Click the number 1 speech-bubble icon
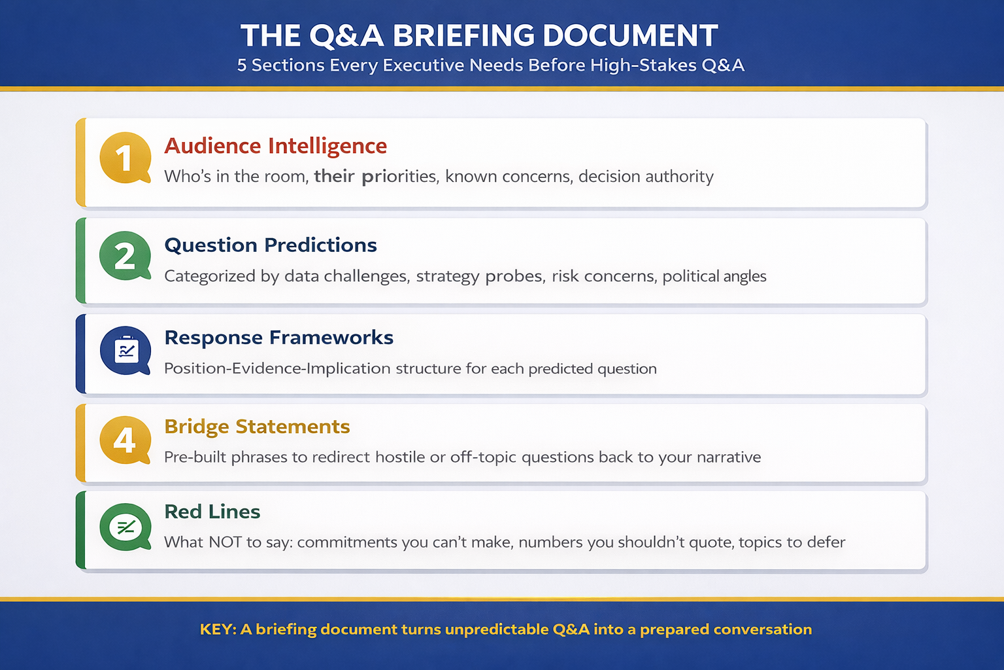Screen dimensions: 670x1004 tap(125, 158)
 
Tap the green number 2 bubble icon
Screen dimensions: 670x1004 tap(125, 256)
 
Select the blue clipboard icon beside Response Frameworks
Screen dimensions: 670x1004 tap(125, 351)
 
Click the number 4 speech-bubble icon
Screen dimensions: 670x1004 tap(125, 440)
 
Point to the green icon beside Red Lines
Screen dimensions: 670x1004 tap(125, 527)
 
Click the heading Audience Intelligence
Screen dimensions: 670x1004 tap(275, 146)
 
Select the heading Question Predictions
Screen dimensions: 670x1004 tap(271, 245)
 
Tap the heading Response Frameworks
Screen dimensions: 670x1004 tap(278, 338)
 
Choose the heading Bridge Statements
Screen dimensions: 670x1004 tap(257, 427)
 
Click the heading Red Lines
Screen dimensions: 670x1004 tap(212, 512)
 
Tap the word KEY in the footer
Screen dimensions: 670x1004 tap(216, 629)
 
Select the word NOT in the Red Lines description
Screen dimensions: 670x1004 tap(225, 542)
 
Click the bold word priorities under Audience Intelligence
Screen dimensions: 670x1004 tap(399, 177)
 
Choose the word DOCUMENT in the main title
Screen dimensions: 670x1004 tap(630, 36)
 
